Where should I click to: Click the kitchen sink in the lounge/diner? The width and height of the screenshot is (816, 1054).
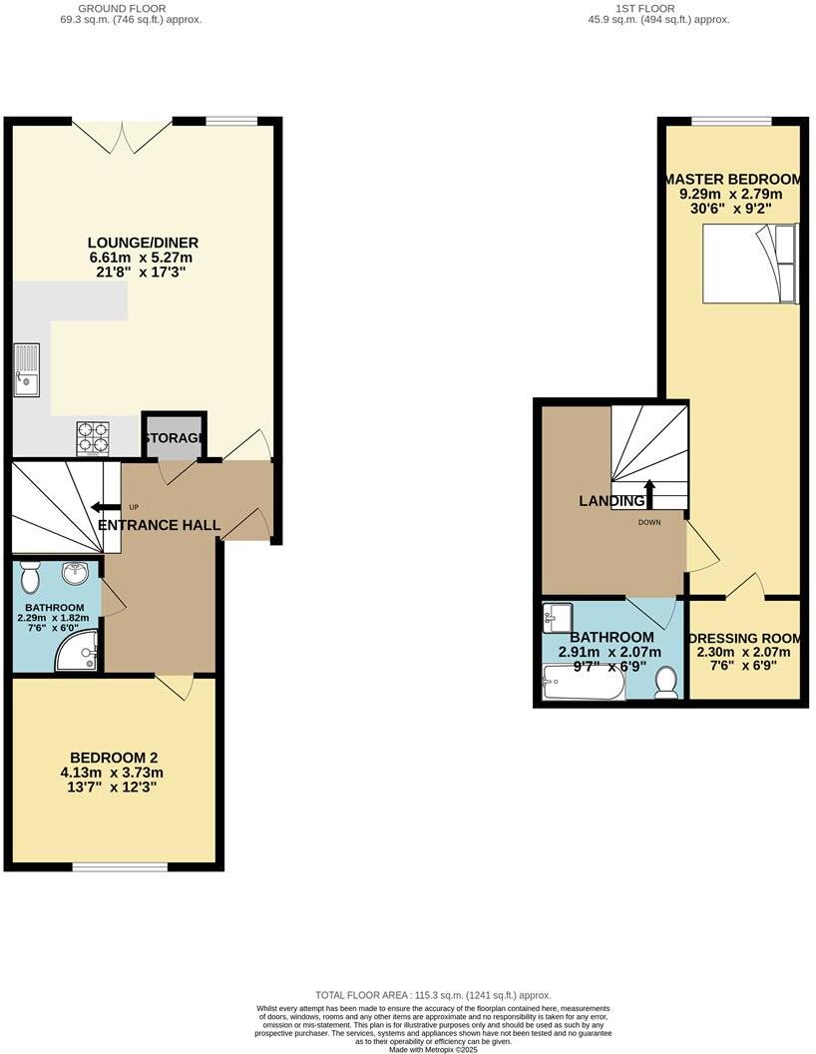tap(27, 369)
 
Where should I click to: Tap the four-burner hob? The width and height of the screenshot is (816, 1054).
tap(93, 436)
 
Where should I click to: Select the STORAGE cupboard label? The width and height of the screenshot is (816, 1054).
tap(175, 438)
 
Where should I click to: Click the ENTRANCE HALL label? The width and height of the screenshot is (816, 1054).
tap(160, 525)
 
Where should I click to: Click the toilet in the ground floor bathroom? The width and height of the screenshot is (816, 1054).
tap(30, 576)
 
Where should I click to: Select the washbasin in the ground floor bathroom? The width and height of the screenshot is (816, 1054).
tap(75, 573)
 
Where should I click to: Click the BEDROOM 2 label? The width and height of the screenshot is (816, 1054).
tap(114, 757)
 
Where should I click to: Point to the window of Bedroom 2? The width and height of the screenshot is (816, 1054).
tap(121, 866)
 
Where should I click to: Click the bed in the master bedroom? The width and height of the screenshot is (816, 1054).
tap(751, 263)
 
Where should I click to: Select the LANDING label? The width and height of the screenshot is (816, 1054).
tap(612, 501)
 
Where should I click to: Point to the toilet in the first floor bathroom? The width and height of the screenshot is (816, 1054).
tap(666, 682)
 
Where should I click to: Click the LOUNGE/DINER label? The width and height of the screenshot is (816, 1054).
tap(143, 243)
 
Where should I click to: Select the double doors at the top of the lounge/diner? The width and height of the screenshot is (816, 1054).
tap(122, 135)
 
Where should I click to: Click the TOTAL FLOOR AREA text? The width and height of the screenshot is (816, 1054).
tap(433, 995)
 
